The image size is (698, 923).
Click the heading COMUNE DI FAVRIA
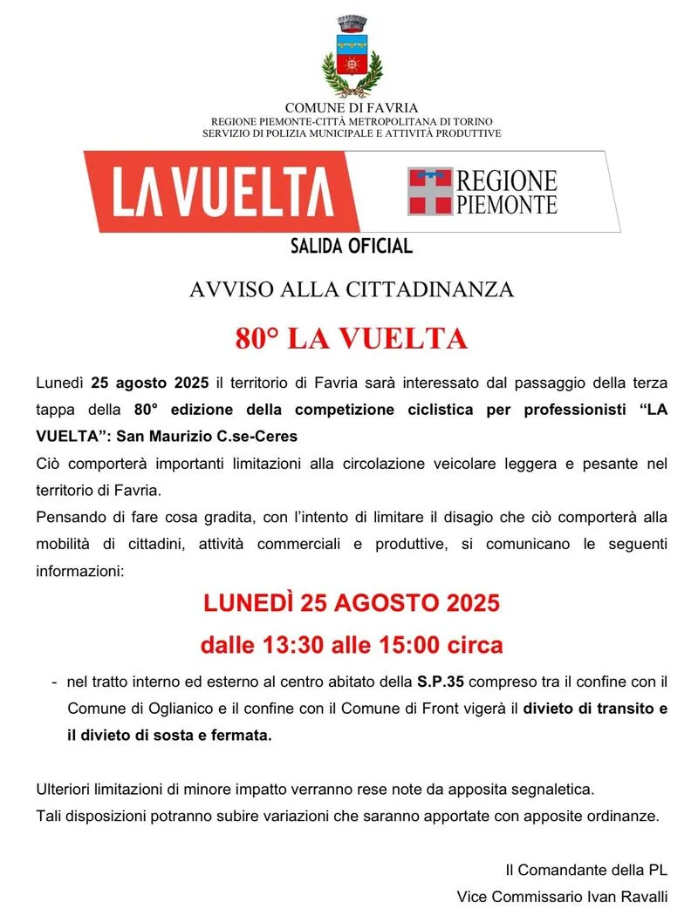click(x=352, y=107)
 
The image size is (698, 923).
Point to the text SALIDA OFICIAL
click(x=352, y=247)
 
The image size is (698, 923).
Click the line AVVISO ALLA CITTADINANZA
click(x=352, y=290)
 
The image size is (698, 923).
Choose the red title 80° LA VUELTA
click(x=352, y=339)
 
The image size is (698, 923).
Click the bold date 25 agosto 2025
click(x=149, y=383)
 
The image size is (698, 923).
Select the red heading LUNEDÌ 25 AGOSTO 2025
click(x=352, y=602)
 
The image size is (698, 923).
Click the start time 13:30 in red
click(x=294, y=646)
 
